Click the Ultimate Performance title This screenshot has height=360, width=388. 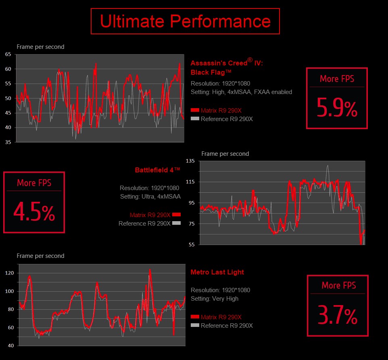pos(185,21)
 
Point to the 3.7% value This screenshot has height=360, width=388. pos(338,316)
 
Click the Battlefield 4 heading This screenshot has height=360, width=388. pos(157,170)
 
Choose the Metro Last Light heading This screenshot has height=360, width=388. pos(217,272)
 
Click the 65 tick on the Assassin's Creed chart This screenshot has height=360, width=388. pos(8,54)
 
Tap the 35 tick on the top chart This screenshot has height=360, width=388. pos(8,142)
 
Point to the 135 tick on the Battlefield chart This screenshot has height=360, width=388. pos(190,161)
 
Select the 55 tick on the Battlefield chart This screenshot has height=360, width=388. pos(192,245)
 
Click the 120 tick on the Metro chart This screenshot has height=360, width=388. pos(9,273)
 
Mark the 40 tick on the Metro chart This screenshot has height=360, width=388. pos(10,346)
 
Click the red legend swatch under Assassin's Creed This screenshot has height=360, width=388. pos(195,110)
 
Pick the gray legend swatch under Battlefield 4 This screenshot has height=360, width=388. pos(176,223)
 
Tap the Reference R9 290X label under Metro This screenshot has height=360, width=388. pos(227,326)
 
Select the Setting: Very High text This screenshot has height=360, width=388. pos(215,299)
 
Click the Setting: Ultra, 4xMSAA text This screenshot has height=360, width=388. pos(150,197)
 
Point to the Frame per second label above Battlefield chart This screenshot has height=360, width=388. pos(225,154)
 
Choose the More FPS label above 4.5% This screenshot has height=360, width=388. pos(34,183)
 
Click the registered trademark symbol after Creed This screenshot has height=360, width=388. pos(250,60)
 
